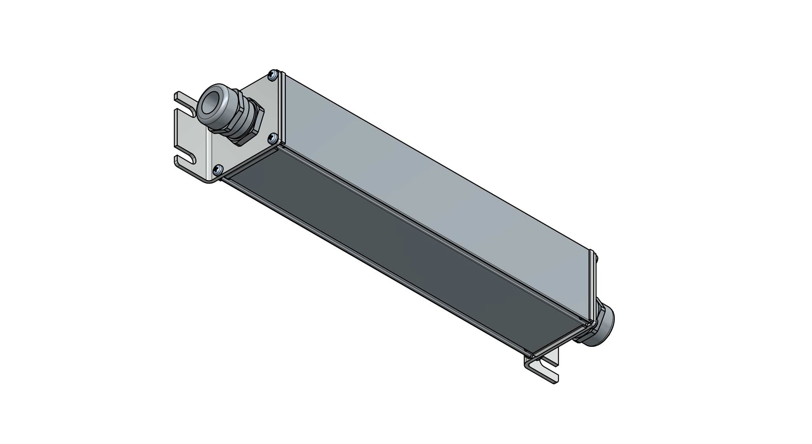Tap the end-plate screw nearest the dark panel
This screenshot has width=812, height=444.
[272, 138]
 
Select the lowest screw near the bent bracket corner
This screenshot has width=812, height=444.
[218, 168]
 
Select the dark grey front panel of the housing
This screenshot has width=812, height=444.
[389, 242]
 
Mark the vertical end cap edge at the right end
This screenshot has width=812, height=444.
[591, 285]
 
